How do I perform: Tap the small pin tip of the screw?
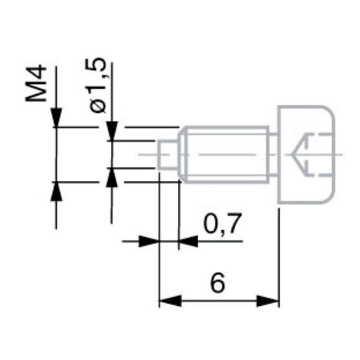coord(168,154)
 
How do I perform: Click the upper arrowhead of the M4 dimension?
coord(56,118)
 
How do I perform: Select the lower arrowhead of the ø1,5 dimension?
coord(111,178)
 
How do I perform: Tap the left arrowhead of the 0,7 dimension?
coord(149,241)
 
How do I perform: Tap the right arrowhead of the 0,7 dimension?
coord(188,241)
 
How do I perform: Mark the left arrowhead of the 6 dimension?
coord(169,300)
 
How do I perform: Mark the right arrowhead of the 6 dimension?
coord(269,300)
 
